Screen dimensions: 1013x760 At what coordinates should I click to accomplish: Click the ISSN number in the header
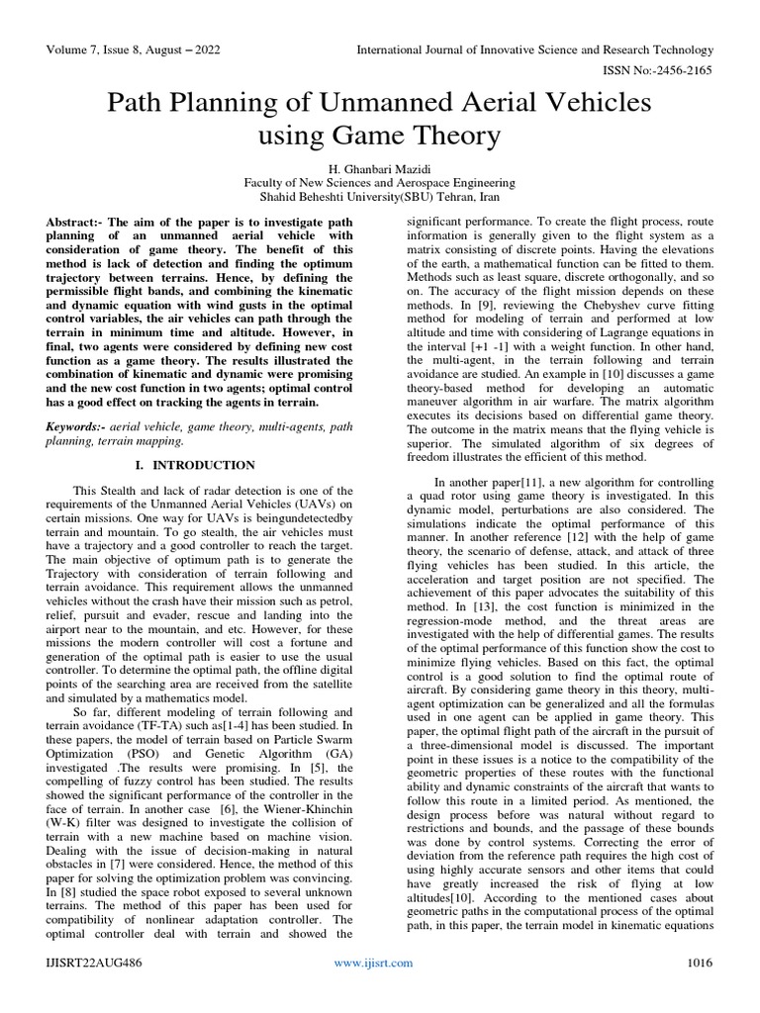click(659, 70)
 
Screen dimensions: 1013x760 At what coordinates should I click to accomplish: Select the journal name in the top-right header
click(534, 49)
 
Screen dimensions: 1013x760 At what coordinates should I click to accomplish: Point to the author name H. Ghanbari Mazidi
click(380, 168)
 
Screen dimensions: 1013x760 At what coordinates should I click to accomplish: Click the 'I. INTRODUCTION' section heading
click(194, 465)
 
